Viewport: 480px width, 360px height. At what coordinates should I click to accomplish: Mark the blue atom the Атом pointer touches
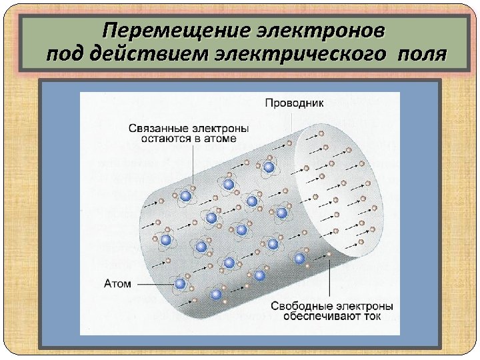180,283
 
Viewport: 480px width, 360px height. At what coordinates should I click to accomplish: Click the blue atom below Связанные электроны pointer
186,196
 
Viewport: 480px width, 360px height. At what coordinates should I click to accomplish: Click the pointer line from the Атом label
153,283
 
